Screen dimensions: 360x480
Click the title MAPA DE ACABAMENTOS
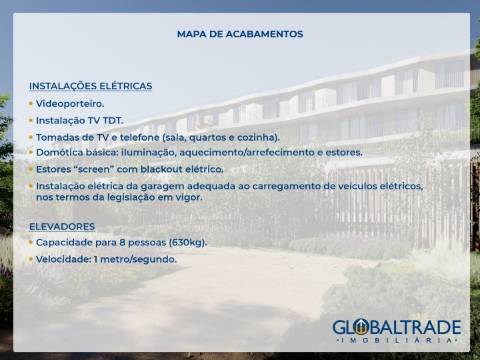click(239, 34)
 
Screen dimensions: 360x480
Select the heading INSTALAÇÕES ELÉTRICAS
click(91, 86)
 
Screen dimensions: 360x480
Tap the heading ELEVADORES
click(62, 226)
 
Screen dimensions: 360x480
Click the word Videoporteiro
click(70, 103)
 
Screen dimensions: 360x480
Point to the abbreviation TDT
click(110, 120)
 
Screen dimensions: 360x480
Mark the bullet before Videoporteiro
click(31, 103)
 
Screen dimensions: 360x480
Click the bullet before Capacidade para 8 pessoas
click(31, 243)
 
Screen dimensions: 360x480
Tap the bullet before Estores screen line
click(31, 169)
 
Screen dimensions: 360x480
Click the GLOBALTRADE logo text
click(396, 326)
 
